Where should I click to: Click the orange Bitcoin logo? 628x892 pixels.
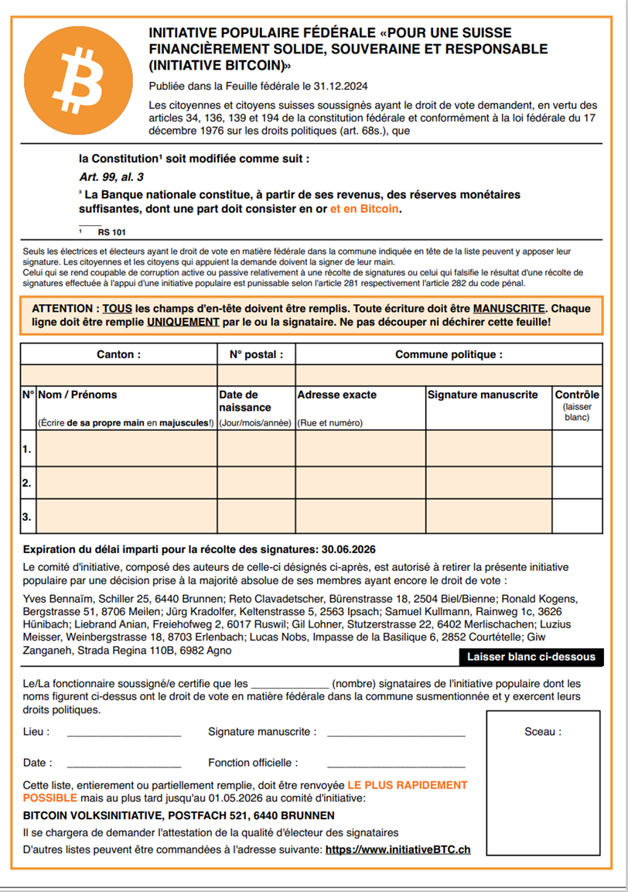click(x=77, y=80)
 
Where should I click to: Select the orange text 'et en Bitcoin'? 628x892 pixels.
click(x=365, y=209)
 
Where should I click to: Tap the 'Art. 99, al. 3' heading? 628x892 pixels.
click(x=111, y=176)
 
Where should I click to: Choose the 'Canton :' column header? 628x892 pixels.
click(x=118, y=355)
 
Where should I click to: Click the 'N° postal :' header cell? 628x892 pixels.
click(x=256, y=355)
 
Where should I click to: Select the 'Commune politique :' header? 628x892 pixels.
click(x=449, y=355)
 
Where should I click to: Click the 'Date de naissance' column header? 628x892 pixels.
click(x=245, y=401)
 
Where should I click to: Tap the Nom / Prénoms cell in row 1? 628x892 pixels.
click(x=127, y=449)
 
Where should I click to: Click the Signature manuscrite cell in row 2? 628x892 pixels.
click(x=488, y=483)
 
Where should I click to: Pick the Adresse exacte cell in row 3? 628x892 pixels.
click(x=360, y=516)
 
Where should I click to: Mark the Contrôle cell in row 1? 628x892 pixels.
click(x=577, y=449)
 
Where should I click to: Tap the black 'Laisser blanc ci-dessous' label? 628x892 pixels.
click(x=531, y=657)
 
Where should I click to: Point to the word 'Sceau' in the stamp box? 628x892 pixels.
click(x=542, y=732)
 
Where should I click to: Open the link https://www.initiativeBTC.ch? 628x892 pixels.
click(x=398, y=849)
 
